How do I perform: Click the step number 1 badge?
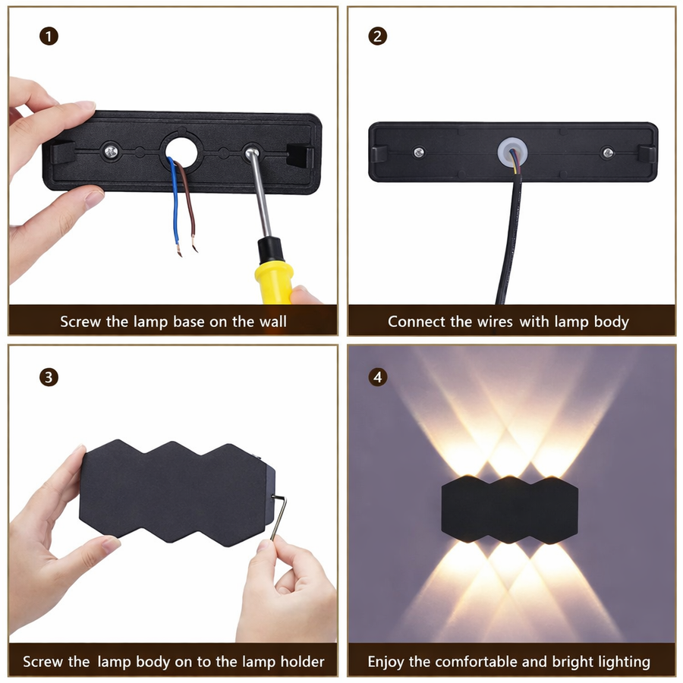pyautogui.click(x=49, y=36)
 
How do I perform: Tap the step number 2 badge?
pyautogui.click(x=376, y=36)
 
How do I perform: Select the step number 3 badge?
pyautogui.click(x=49, y=377)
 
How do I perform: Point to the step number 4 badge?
pyautogui.click(x=376, y=377)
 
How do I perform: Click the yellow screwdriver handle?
pyautogui.click(x=274, y=270)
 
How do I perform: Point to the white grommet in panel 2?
pyautogui.click(x=511, y=150)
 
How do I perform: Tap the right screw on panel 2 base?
pyautogui.click(x=607, y=153)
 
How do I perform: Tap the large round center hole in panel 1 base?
pyautogui.click(x=181, y=150)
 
